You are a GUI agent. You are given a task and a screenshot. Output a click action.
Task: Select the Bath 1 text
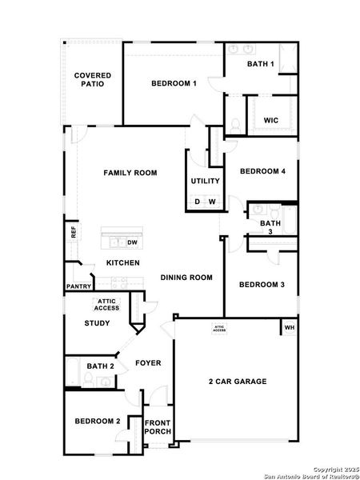(x=261, y=64)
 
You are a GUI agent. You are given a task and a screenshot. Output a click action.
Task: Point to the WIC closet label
(x=271, y=121)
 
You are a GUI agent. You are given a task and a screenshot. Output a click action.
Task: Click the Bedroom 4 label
(x=262, y=171)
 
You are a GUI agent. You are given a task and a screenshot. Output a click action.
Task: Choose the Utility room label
(x=205, y=181)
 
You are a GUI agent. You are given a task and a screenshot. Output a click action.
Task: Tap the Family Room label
(x=130, y=173)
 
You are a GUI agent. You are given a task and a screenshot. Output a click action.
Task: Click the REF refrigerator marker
(x=74, y=232)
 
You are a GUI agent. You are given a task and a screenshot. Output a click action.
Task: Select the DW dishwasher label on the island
(x=133, y=242)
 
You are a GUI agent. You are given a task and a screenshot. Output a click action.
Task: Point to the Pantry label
(x=78, y=286)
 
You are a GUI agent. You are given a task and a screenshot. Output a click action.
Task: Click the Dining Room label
(x=186, y=278)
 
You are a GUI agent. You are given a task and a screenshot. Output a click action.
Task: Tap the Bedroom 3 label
(x=262, y=285)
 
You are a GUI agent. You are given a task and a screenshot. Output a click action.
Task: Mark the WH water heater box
(x=290, y=327)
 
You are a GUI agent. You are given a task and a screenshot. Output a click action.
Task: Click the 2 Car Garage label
(x=238, y=382)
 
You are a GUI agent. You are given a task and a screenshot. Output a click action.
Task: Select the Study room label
(x=98, y=323)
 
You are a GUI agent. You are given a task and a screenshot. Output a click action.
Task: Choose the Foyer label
(x=148, y=363)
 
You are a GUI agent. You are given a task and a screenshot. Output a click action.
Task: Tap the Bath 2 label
(x=101, y=366)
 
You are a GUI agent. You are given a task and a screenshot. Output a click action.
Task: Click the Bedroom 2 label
(x=98, y=421)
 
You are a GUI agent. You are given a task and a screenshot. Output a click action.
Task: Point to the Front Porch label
(x=158, y=428)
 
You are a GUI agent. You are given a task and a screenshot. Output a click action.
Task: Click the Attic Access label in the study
(x=107, y=305)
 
